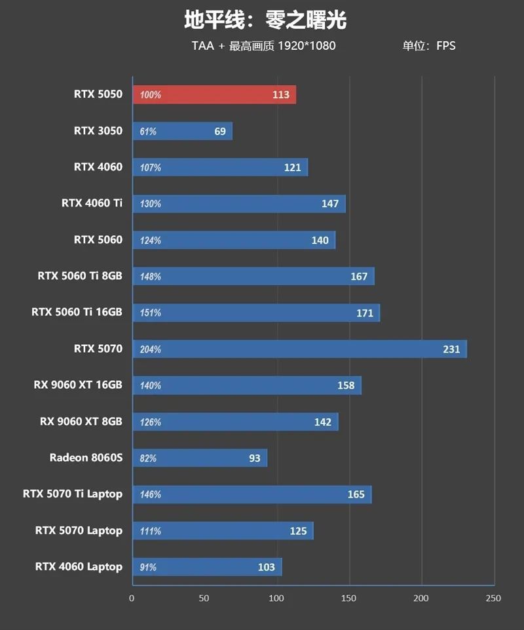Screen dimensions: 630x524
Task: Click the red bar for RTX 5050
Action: pos(214,94)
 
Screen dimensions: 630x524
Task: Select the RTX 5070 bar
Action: pos(299,349)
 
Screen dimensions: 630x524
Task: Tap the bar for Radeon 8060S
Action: pos(200,458)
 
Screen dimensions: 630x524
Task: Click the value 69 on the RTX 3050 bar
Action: pos(220,131)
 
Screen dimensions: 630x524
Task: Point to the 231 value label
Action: pos(451,349)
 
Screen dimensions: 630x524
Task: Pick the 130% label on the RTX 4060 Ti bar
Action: pos(151,204)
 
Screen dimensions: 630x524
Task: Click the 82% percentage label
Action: pos(149,458)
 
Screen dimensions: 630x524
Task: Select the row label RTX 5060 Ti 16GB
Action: pos(77,312)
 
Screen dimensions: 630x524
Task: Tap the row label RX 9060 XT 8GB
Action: pos(81,421)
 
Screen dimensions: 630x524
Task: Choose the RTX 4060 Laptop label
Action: pos(79,566)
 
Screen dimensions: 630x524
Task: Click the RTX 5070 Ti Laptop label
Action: pos(72,494)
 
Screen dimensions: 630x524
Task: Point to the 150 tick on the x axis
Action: pos(350,598)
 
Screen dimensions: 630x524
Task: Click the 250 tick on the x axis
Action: pos(493,598)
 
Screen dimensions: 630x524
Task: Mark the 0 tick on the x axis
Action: pos(132,598)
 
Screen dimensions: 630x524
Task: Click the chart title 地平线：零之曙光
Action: pos(265,20)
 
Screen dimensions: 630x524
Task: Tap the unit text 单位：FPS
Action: pos(429,46)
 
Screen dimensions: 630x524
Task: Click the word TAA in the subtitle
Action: pos(202,46)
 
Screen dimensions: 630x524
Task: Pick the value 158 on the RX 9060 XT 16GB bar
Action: pos(346,385)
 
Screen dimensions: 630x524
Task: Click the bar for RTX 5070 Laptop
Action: pos(223,530)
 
